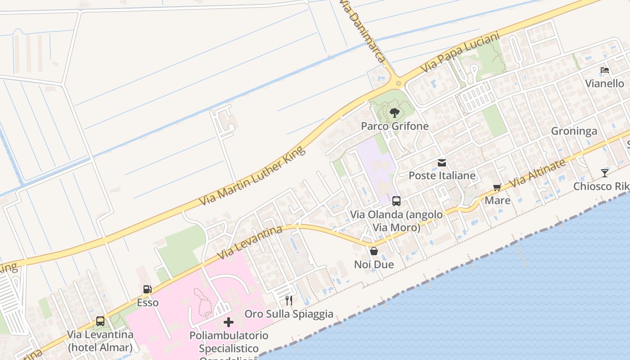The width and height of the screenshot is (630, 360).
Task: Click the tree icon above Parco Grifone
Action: click(x=395, y=112)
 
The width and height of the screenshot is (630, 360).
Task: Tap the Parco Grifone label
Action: click(x=395, y=126)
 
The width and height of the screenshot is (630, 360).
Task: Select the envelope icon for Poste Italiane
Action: click(x=442, y=163)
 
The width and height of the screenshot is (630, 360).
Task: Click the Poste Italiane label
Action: click(x=442, y=175)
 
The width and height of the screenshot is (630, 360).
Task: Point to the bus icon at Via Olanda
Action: click(x=396, y=201)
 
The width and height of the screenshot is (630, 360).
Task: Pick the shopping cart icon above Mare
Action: click(x=497, y=188)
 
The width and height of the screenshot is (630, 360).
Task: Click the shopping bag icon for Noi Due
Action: click(x=373, y=251)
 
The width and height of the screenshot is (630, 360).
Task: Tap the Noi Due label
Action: click(x=373, y=265)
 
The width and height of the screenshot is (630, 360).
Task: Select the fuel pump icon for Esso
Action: click(x=147, y=289)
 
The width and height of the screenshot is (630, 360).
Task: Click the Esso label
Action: click(x=148, y=302)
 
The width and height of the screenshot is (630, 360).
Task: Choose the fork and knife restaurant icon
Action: click(x=289, y=300)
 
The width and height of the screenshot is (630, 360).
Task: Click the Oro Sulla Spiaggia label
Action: click(x=289, y=314)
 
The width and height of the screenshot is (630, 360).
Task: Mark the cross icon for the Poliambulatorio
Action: click(x=229, y=322)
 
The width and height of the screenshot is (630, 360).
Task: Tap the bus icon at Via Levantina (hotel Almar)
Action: click(x=100, y=321)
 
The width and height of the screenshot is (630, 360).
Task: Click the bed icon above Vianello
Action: click(x=604, y=70)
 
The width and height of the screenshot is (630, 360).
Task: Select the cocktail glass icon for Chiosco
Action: click(x=604, y=173)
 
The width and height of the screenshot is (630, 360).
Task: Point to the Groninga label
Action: click(x=574, y=131)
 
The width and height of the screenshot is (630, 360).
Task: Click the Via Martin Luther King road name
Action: click(x=252, y=175)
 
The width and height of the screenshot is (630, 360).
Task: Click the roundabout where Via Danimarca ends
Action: click(x=398, y=83)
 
